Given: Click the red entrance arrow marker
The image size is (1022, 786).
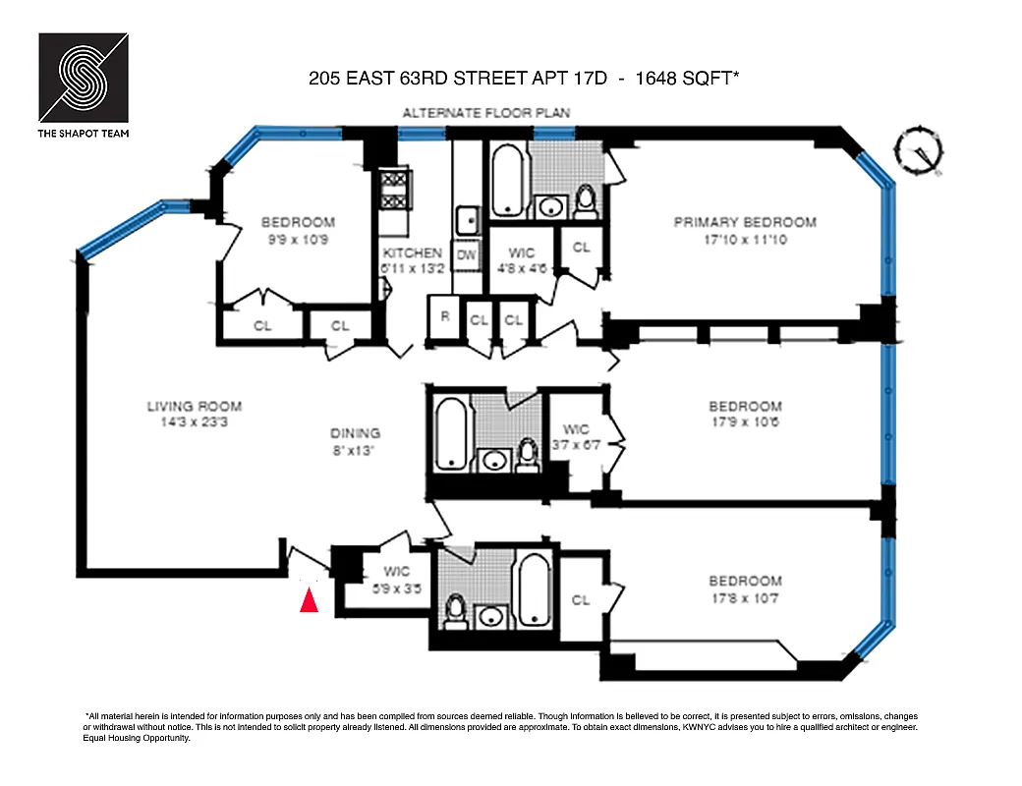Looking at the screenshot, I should tap(309, 599).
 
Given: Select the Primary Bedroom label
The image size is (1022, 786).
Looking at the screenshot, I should tap(745, 223).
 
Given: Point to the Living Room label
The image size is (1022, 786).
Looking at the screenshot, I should tap(194, 407).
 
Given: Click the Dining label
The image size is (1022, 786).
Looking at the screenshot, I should tap(355, 433).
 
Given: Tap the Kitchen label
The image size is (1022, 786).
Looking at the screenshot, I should tap(412, 253).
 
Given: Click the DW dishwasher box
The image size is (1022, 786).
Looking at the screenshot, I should tap(467, 254).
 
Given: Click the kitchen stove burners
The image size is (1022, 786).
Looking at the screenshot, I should tap(393, 189).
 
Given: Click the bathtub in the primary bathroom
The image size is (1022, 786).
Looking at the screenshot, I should tap(508, 181).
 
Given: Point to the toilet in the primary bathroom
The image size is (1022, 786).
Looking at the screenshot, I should tap(586, 200).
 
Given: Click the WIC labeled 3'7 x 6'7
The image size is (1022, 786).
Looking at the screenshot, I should tap(576, 436).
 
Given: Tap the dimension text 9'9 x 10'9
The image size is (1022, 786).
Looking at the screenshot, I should tap(297, 239).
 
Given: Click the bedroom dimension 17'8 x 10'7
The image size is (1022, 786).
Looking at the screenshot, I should tap(745, 597).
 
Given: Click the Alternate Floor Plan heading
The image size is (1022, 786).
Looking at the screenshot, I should tap(485, 114).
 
